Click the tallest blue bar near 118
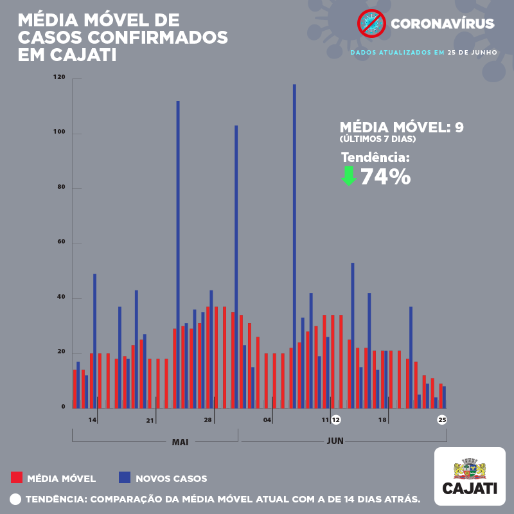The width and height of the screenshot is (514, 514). (x=294, y=244)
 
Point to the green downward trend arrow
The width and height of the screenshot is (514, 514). (x=348, y=175)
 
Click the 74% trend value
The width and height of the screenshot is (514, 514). (x=385, y=176)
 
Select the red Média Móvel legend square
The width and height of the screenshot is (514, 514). (x=17, y=477)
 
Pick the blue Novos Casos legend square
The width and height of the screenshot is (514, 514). (x=125, y=477)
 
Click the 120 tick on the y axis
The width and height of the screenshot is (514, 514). (x=60, y=78)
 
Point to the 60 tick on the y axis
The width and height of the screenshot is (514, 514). (x=61, y=243)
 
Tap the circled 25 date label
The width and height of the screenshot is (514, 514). (x=442, y=420)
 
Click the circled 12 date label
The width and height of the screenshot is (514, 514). (x=335, y=420)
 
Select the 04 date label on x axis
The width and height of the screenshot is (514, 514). (x=267, y=420)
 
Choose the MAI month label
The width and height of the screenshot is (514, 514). (x=180, y=442)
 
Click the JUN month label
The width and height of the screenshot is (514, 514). (x=335, y=441)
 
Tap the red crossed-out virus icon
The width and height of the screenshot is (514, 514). (x=370, y=24)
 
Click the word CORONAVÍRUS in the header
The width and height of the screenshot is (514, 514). (x=443, y=24)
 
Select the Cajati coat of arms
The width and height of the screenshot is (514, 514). (x=470, y=468)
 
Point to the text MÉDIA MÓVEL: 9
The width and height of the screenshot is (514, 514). (x=401, y=127)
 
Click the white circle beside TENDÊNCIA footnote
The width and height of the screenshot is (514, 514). (x=15, y=499)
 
